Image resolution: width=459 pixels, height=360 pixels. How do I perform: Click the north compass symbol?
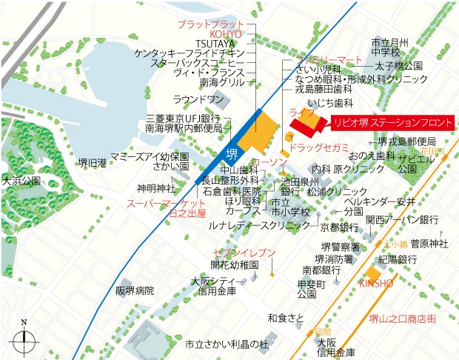[x=24, y=339]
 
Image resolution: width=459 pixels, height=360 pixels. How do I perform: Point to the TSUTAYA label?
[x=216, y=44]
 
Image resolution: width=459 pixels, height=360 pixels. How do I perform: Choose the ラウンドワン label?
[x=198, y=100]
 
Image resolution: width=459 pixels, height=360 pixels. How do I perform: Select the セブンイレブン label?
[x=244, y=253]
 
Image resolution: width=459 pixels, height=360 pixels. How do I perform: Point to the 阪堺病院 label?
[x=135, y=290]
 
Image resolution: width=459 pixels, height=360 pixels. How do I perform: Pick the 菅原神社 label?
[x=429, y=243]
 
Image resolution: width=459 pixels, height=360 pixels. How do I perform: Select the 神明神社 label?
[x=155, y=187]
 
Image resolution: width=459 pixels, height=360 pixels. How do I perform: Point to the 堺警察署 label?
[x=341, y=247]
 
